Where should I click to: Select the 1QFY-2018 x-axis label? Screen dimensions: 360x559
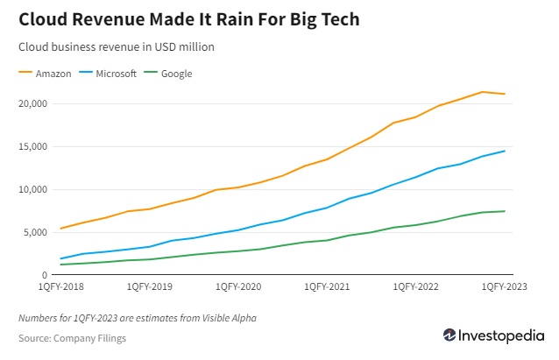click(x=61, y=286)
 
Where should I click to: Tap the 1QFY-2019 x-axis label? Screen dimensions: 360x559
click(x=150, y=286)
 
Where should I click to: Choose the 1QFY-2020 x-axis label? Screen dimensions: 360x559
click(x=238, y=286)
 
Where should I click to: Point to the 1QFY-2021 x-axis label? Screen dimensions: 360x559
click(x=327, y=286)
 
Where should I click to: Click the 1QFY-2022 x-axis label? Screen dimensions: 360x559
click(x=415, y=286)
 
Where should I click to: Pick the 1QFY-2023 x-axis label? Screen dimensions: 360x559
click(x=503, y=286)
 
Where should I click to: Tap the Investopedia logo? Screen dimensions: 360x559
click(x=492, y=335)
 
